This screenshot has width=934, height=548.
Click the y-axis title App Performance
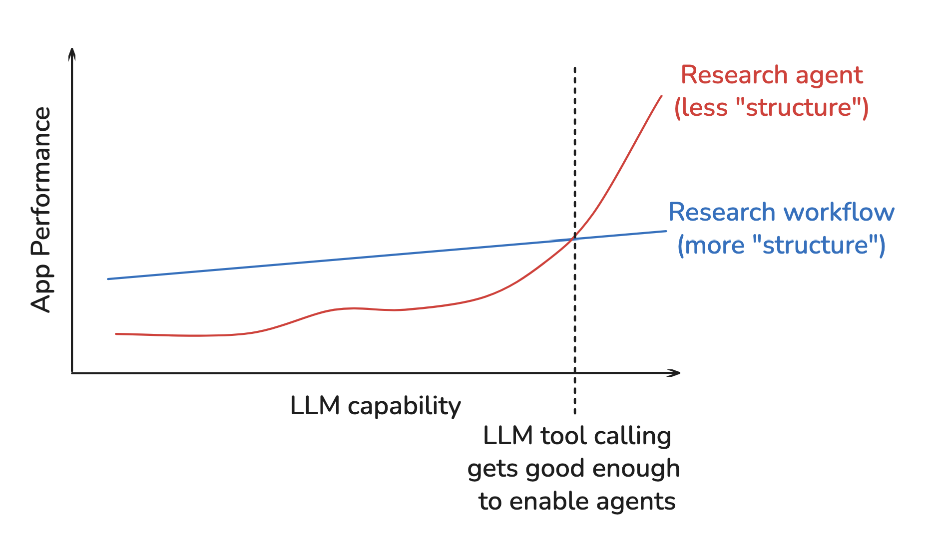click(x=41, y=210)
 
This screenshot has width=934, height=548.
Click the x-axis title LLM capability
click(x=375, y=406)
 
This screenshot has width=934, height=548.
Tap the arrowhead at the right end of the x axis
click(x=677, y=373)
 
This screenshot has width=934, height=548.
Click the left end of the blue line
click(x=108, y=278)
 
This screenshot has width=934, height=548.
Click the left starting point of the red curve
click(x=116, y=333)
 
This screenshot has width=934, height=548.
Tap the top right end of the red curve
click(x=661, y=96)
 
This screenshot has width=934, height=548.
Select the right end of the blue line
click(x=666, y=231)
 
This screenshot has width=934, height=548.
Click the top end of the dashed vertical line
click(x=575, y=68)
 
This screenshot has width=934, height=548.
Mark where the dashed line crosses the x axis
click(x=575, y=373)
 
